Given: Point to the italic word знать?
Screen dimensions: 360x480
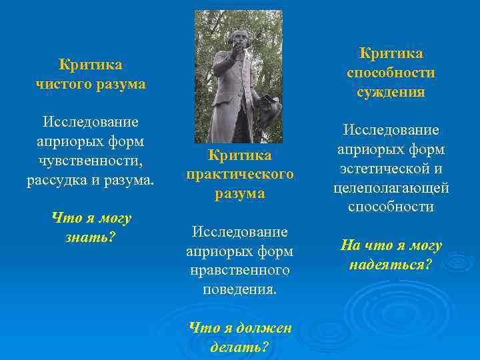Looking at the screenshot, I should pos(91,237).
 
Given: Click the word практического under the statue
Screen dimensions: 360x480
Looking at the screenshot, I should pos(239,174).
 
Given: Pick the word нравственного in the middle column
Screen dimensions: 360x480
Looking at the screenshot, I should pos(239,270).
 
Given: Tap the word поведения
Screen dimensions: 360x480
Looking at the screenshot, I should pos(239,290).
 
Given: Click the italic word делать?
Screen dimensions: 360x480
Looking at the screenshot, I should pos(239,347).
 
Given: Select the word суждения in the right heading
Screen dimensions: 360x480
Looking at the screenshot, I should pos(391,92).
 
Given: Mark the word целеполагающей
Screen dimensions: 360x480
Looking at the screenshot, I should pos(391,188).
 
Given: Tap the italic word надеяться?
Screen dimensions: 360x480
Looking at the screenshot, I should pos(391,265).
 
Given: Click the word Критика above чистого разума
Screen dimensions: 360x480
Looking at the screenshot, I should pos(90,65).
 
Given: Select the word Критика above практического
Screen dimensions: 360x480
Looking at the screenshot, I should pos(239,155).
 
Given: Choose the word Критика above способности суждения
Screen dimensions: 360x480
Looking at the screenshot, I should pos(391,53).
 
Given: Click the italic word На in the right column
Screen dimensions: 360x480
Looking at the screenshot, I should pos(351,245).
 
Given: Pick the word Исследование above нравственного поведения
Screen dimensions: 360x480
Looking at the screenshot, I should pos(239,231).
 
